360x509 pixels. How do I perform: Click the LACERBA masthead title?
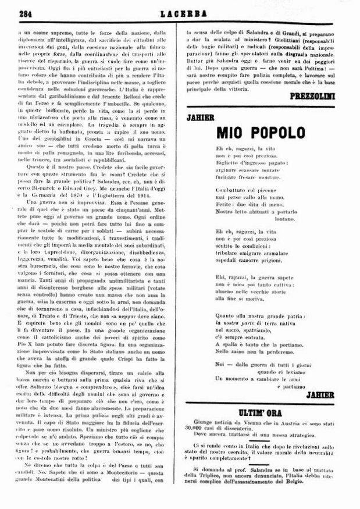coord(179,12)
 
